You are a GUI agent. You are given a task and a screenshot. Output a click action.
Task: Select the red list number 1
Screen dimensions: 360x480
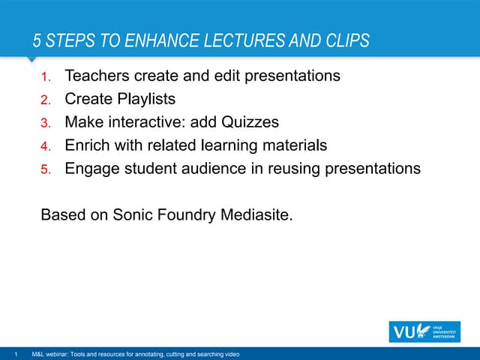pos(44,76)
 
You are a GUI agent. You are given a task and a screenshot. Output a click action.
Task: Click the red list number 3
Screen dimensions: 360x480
pos(44,123)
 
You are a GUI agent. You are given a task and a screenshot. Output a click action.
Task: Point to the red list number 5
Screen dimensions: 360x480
pos(44,169)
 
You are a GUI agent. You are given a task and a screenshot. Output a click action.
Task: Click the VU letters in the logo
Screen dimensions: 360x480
pos(403,331)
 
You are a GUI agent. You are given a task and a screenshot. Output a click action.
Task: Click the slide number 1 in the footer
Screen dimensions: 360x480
pos(15,354)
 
